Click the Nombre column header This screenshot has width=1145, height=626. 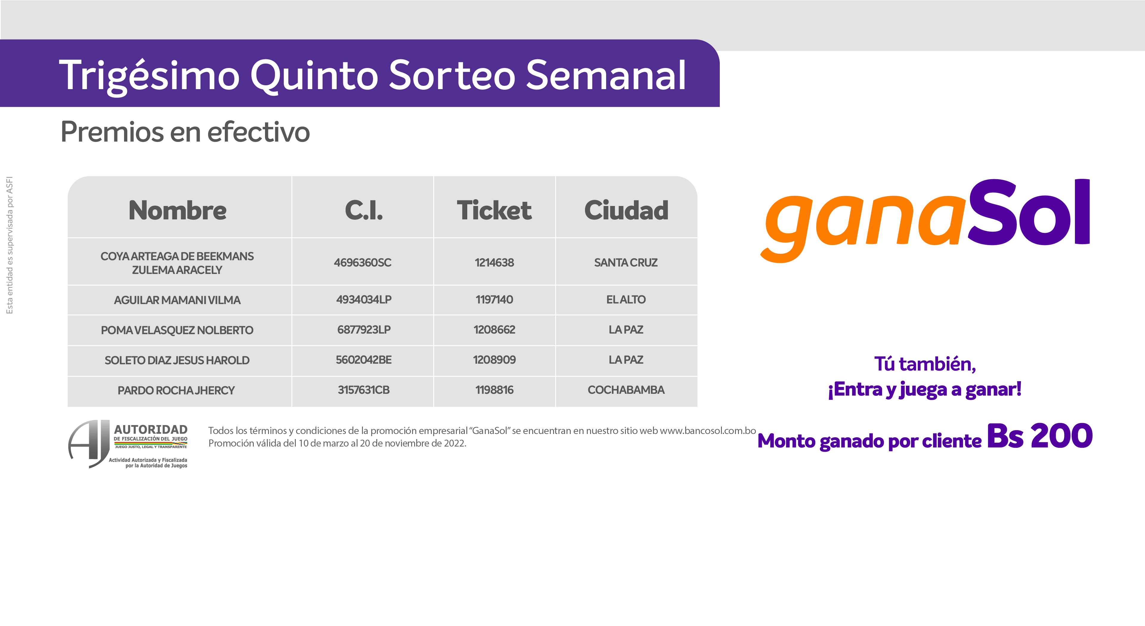(x=177, y=210)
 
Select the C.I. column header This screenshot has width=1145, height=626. (x=363, y=210)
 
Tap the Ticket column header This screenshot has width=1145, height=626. (x=494, y=210)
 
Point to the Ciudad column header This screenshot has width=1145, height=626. (x=626, y=210)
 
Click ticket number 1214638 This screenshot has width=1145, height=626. (x=494, y=263)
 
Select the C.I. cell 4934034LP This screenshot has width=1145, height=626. (x=363, y=300)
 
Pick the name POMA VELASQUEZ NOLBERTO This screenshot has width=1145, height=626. (x=177, y=330)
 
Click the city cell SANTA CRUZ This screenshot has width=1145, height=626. (x=626, y=263)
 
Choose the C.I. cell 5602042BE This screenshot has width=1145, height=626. (x=363, y=360)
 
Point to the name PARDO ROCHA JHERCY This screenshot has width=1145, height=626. (x=176, y=390)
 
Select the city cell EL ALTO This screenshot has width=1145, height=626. (x=626, y=300)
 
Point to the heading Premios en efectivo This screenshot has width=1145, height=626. (x=185, y=132)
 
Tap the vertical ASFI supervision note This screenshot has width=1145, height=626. (x=9, y=245)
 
